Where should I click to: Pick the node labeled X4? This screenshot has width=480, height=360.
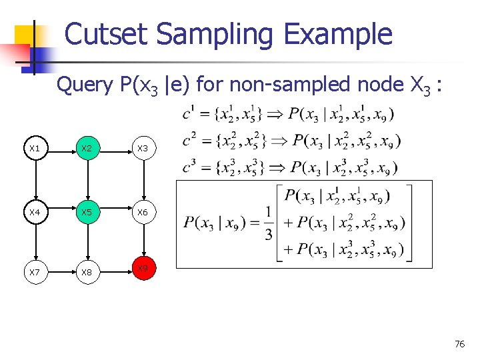point(35,213)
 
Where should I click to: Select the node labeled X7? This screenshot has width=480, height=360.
point(35,272)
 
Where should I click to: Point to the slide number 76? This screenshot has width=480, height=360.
point(459,344)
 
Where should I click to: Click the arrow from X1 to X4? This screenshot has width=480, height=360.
point(35,181)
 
